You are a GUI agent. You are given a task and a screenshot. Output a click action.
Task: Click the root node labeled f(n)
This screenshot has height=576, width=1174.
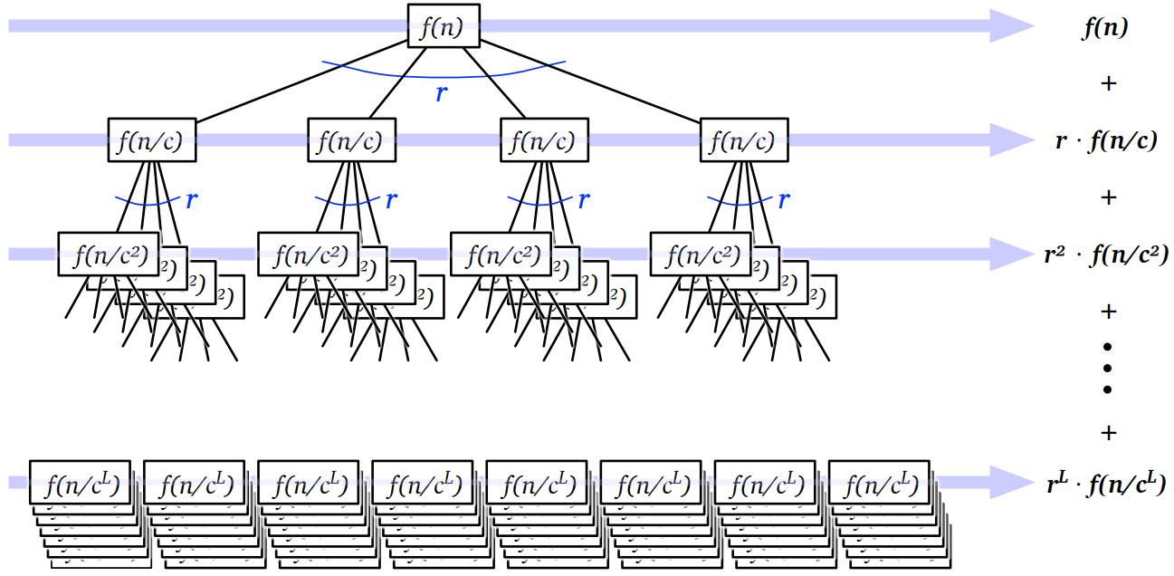pos(444,26)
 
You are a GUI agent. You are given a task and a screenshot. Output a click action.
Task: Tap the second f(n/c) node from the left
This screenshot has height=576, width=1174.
pos(352,140)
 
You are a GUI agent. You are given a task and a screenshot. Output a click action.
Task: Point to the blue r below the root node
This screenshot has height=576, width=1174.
pos(441,92)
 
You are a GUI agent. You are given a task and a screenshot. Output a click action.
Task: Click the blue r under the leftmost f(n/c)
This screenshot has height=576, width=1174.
pos(191,200)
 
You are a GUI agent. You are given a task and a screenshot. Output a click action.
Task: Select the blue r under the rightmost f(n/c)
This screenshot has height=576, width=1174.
pos(785,200)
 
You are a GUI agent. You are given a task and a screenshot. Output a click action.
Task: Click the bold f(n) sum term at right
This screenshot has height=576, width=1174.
pos(1106,28)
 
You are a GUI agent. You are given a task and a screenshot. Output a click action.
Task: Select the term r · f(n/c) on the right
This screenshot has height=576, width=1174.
pos(1106,141)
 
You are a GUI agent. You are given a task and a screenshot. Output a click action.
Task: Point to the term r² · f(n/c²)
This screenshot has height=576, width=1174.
pos(1106,255)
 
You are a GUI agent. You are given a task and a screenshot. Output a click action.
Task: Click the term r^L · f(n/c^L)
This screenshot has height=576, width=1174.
pos(1106,483)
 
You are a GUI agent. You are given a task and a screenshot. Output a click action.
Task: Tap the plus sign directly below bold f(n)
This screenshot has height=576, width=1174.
pos(1108,83)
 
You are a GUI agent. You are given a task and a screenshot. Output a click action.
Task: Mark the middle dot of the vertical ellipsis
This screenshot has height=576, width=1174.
pos(1108,368)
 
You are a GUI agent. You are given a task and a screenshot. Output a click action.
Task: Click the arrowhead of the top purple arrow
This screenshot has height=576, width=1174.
pos(1012,26)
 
